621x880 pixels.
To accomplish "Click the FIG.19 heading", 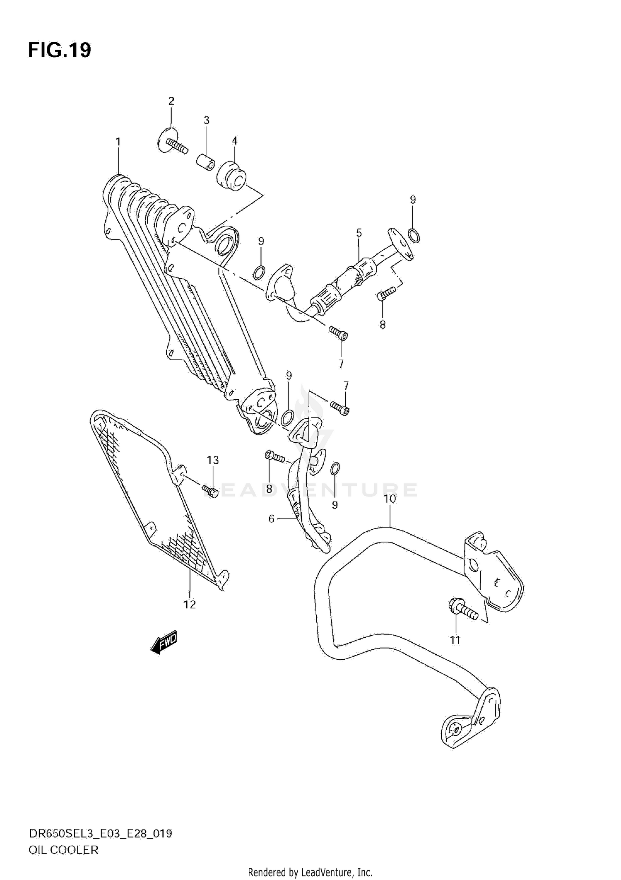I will [59, 51].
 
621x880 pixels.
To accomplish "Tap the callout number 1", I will [118, 142].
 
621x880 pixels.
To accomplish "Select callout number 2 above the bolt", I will [171, 101].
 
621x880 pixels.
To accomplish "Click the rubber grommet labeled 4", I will [233, 177].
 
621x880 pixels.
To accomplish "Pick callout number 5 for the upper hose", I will [359, 233].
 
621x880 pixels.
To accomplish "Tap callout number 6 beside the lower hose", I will [272, 518].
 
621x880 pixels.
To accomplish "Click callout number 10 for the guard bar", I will [390, 499].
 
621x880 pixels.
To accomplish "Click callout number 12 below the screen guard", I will [190, 605].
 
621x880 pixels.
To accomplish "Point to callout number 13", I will [213, 460].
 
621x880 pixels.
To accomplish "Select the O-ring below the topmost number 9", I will [414, 236].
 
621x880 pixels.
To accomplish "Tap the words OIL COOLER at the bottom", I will [63, 850].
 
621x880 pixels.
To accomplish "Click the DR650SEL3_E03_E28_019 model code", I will [100, 834].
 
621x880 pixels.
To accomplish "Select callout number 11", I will [455, 640].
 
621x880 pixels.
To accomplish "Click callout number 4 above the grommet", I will [234, 141].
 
